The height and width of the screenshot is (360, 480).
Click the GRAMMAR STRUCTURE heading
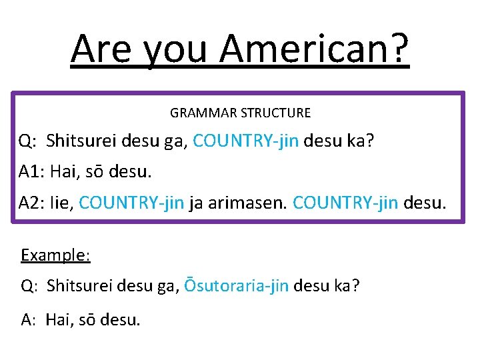tap(240, 113)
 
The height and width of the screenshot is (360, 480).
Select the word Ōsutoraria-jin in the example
tap(236, 286)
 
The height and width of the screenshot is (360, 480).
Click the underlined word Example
tap(55, 255)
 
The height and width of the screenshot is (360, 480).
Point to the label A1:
tap(31, 172)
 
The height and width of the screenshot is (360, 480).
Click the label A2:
tap(31, 203)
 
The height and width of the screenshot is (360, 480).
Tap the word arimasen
tap(249, 203)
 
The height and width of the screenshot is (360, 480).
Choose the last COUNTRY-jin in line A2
tap(345, 203)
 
